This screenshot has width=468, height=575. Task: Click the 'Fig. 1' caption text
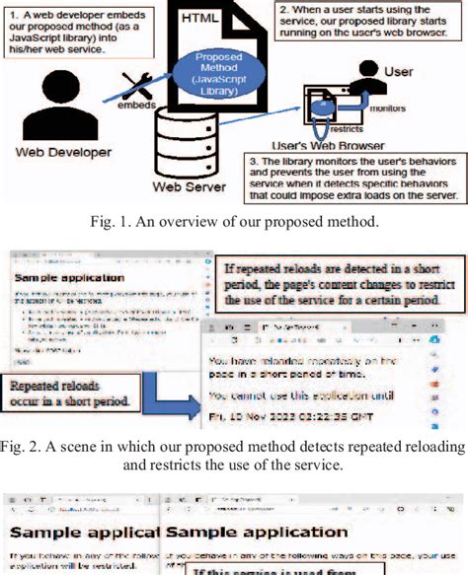pyautogui.click(x=233, y=222)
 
